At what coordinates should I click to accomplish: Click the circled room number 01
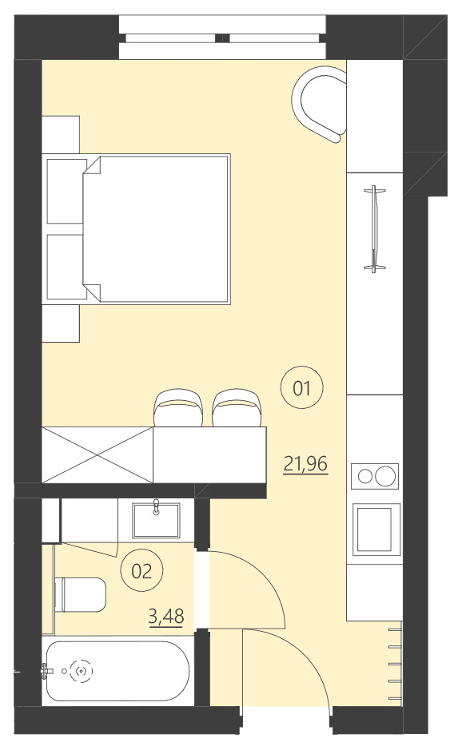pos(301,389)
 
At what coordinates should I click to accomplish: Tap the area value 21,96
pos(306,464)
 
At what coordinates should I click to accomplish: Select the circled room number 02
pos(141,570)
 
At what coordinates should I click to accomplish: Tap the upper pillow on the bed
pos(66,191)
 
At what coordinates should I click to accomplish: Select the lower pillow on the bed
pos(66,266)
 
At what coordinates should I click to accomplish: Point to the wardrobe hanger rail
pos(373,228)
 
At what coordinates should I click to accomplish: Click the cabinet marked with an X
pos(97,454)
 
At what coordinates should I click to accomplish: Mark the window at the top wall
pos(223,37)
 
